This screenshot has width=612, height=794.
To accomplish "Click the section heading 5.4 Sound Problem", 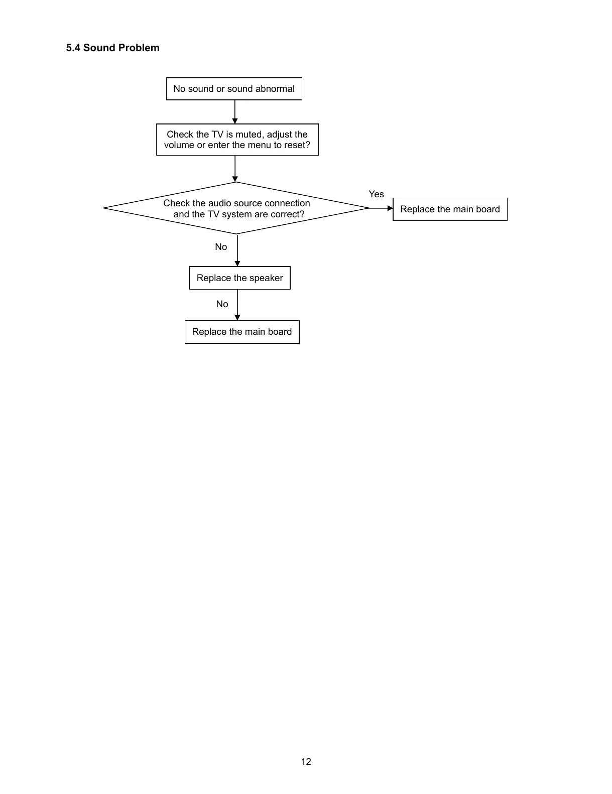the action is point(112,48).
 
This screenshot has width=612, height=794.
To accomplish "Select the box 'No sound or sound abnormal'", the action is point(234,89).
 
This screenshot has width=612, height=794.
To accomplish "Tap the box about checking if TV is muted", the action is point(237,140).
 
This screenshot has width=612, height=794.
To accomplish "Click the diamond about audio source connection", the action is point(236,208).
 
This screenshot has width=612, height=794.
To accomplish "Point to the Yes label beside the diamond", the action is point(376,194).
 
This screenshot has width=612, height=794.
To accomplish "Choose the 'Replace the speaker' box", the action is point(239,278).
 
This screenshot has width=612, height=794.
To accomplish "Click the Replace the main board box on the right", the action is point(450,209).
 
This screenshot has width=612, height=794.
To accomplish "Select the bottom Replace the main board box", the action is point(242,332).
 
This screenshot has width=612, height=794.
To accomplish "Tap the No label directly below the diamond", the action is point(221,247).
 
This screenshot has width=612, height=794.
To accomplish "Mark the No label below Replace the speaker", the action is point(222,304).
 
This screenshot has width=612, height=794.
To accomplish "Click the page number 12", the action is point(306,761).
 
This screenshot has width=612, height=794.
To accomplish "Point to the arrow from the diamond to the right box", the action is point(381,208).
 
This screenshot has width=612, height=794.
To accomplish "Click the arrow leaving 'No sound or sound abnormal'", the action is point(235,112).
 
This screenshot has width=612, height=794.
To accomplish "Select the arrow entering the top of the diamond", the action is point(235,169).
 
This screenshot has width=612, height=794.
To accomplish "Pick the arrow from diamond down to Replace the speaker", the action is point(237,250).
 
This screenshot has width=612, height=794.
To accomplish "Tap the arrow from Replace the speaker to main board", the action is point(237,305).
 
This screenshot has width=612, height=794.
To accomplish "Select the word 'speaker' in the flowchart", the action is point(266,279).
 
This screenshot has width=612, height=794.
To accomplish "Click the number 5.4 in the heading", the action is point(73,48).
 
